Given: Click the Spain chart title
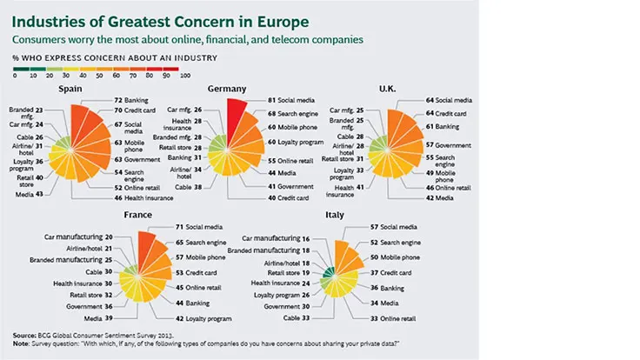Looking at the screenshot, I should tap(70, 89).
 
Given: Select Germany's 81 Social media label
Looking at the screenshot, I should tap(289, 102).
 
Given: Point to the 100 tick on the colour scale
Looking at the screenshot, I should tap(185, 77).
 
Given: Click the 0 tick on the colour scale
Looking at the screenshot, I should tap(14, 77).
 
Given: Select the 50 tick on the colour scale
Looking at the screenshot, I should tap(99, 77).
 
